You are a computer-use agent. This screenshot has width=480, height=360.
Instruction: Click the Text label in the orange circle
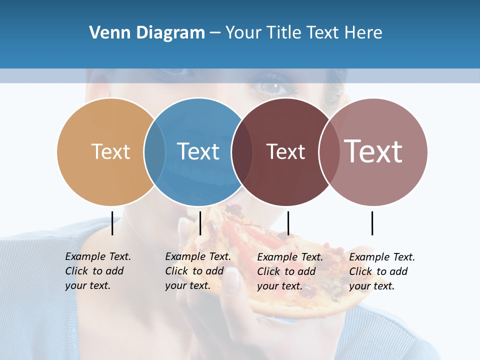point(110,151)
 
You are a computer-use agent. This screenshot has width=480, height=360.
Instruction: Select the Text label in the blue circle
point(198,151)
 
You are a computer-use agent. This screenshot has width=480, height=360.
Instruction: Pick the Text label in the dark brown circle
point(285,152)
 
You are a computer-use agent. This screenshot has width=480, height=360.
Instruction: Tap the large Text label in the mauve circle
point(373,151)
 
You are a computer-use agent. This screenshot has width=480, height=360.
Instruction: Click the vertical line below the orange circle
point(112,223)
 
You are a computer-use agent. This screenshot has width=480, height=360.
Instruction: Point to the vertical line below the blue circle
point(200,223)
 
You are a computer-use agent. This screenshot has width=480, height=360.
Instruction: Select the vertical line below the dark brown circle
point(288,223)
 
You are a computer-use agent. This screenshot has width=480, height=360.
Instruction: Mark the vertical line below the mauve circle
point(372,223)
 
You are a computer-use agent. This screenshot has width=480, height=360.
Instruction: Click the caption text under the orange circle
point(97,271)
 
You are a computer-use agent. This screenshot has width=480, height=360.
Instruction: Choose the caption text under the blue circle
point(197,271)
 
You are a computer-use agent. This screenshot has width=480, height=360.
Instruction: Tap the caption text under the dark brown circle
point(289,271)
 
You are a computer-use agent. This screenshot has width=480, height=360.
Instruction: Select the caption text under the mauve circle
point(381,271)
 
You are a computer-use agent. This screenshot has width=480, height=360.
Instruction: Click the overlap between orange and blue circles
point(155,151)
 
